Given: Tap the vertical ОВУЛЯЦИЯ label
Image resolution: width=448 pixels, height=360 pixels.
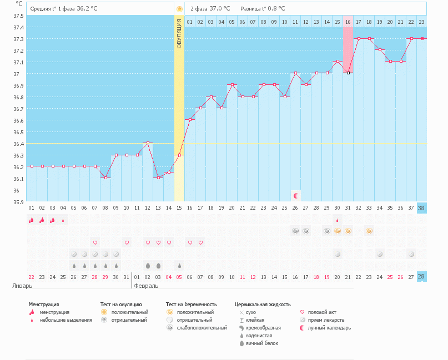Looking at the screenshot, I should (x=179, y=33).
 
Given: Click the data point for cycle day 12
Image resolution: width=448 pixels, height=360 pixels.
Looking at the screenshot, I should (x=148, y=143).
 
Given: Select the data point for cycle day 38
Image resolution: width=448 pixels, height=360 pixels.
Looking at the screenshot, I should (x=422, y=38).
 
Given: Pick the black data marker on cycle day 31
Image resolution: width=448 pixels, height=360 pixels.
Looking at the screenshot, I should (x=348, y=73).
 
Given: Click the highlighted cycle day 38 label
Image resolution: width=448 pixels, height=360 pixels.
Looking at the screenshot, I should (x=422, y=207).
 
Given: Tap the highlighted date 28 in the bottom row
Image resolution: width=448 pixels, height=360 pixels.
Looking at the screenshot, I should (x=422, y=276).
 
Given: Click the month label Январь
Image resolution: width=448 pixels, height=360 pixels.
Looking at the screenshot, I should (x=22, y=286).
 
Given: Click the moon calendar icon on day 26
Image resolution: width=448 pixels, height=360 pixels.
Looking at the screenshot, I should (x=296, y=196).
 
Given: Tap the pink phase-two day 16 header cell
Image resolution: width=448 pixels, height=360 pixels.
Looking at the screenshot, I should (x=348, y=22).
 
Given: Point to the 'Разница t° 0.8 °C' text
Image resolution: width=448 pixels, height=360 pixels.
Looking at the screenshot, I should (x=263, y=9).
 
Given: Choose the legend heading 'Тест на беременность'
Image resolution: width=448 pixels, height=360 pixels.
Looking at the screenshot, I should (x=191, y=304).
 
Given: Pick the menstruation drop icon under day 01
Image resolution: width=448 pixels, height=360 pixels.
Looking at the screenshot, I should (x=32, y=220).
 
